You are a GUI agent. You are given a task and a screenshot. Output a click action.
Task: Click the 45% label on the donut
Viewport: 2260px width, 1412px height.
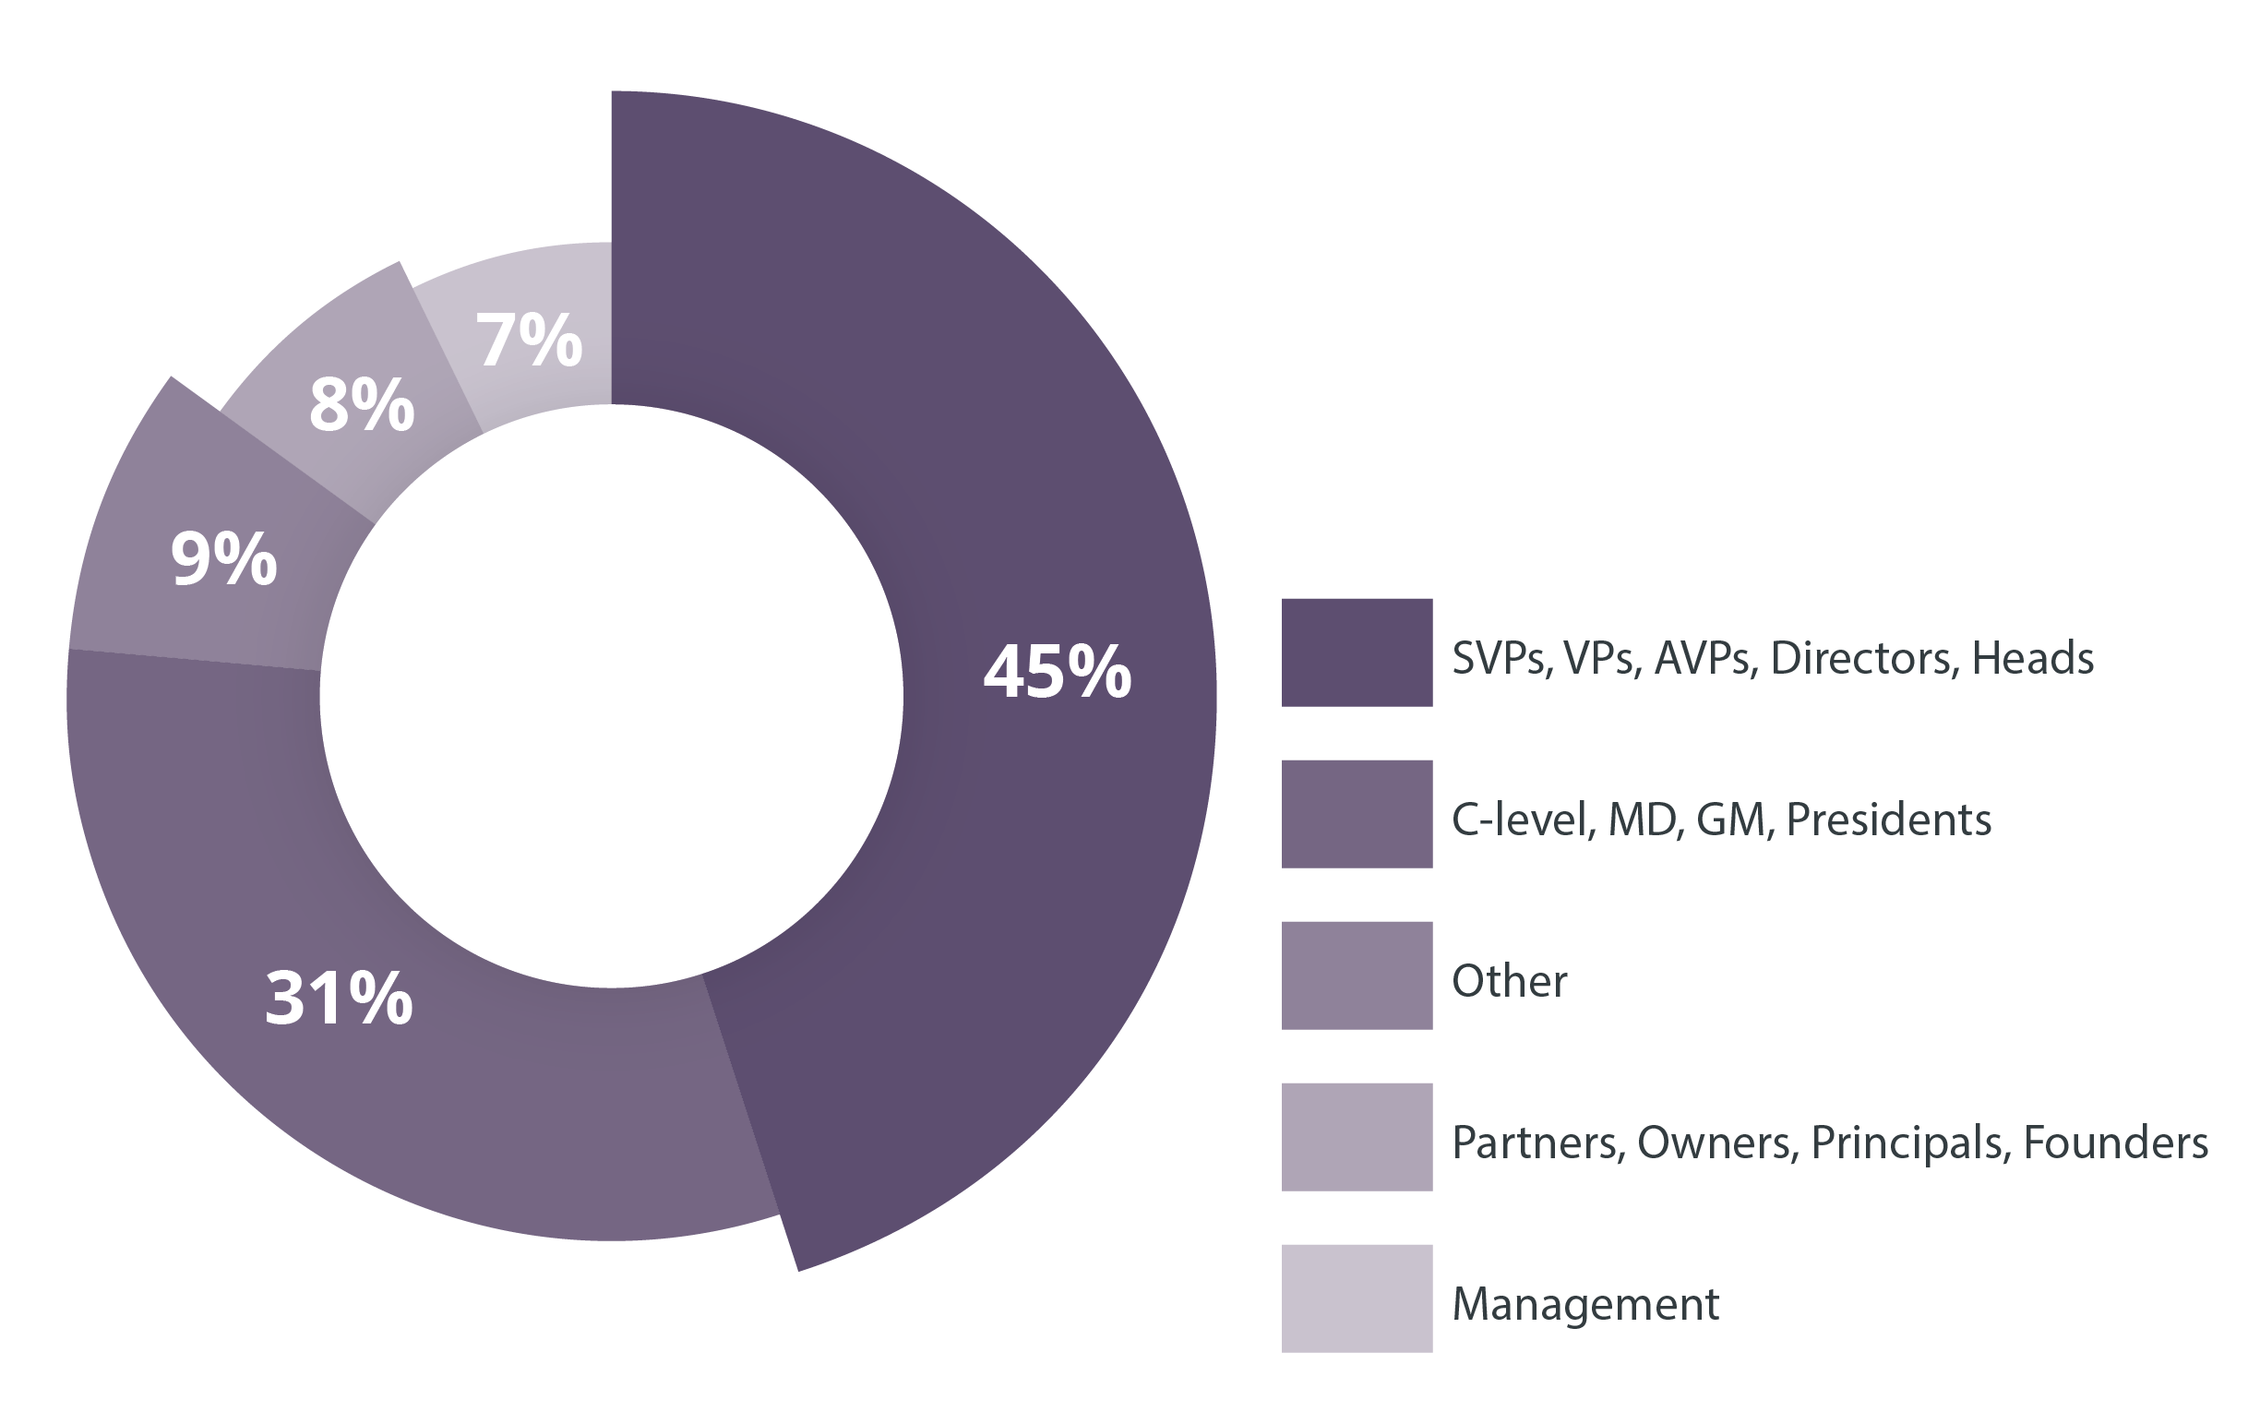coord(1058,672)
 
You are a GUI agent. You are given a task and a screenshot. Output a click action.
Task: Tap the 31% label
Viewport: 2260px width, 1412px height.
coord(338,999)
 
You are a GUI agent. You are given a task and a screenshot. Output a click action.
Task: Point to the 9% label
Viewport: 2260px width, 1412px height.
coord(224,559)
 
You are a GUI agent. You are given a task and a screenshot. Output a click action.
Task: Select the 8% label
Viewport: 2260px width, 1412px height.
coord(362,405)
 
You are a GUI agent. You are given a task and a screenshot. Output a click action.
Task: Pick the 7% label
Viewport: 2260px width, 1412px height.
coord(530,340)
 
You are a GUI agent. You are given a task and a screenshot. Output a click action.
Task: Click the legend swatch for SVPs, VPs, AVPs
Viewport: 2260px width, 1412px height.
coord(1356,652)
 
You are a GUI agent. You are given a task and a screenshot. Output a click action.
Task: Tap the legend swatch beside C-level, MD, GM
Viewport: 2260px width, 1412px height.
coord(1356,814)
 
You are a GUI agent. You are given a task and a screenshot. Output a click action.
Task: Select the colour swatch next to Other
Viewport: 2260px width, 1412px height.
coord(1356,975)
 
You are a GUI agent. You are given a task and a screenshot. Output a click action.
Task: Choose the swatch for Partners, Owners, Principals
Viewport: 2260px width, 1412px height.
coord(1356,1137)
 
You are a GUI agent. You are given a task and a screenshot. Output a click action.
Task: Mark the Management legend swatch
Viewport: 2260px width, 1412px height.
coord(1356,1298)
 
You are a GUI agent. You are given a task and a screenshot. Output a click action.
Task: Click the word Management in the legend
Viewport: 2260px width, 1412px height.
coord(1584,1304)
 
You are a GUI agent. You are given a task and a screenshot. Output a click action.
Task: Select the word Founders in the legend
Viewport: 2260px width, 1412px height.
coord(2115,1143)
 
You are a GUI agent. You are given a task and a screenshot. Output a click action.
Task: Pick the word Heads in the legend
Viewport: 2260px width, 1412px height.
coord(2032,658)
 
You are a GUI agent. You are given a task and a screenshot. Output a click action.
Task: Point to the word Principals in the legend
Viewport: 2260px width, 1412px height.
coord(1910,1143)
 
